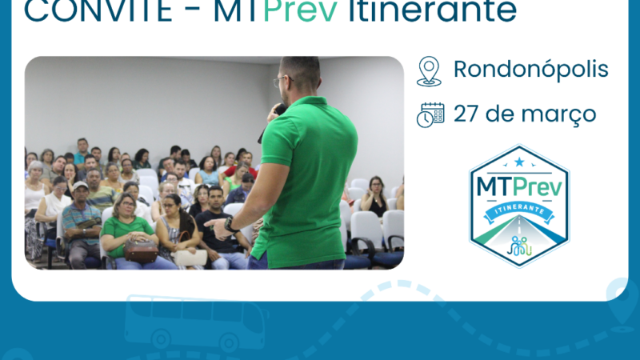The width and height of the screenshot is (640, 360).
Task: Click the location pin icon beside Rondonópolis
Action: [x=430, y=71]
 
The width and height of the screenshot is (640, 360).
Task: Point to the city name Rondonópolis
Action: [x=531, y=70]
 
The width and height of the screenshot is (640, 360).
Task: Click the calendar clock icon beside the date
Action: [x=430, y=114]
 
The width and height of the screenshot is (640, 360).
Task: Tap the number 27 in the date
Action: [x=469, y=114]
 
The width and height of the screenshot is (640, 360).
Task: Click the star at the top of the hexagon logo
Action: [x=519, y=162]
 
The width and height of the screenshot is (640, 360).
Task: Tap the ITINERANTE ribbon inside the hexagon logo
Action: [x=519, y=211]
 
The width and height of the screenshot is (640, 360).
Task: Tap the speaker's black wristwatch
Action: [x=230, y=225]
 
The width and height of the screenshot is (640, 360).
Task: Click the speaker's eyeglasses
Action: [x=280, y=81]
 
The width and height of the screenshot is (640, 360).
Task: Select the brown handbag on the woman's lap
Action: [x=142, y=251]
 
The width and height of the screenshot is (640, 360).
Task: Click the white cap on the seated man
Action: [x=81, y=186]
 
